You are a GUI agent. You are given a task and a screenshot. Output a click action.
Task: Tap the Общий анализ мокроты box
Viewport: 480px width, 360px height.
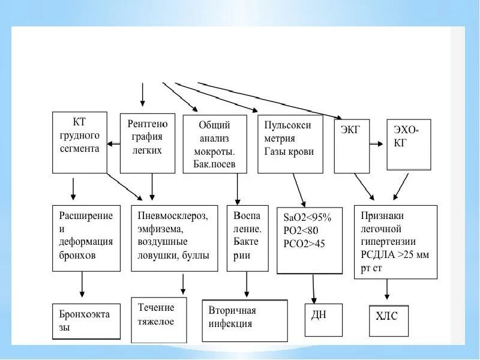(x=214, y=144)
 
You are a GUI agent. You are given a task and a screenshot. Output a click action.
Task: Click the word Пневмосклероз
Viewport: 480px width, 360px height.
(x=173, y=215)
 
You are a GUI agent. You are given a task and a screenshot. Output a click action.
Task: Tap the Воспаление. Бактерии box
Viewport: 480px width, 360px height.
(x=247, y=238)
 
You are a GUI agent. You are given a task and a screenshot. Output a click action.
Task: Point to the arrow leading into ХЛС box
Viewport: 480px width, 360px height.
(x=388, y=290)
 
